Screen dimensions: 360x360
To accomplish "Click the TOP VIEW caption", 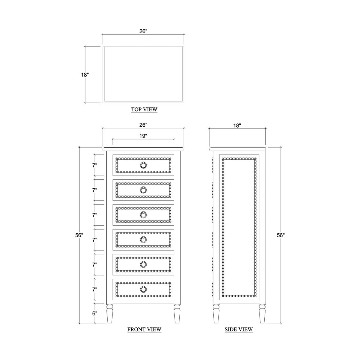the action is [x=144, y=109].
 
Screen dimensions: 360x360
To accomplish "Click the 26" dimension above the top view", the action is [x=143, y=31].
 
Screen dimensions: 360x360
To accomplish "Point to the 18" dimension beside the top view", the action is [x=85, y=75].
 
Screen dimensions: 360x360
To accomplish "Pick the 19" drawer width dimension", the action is [x=143, y=136].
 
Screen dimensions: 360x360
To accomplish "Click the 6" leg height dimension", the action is [x=95, y=313].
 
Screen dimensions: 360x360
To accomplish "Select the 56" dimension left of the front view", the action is [x=79, y=235].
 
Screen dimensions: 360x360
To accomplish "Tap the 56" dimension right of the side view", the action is [x=280, y=235].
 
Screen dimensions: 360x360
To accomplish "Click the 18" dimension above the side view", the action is [x=237, y=125].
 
